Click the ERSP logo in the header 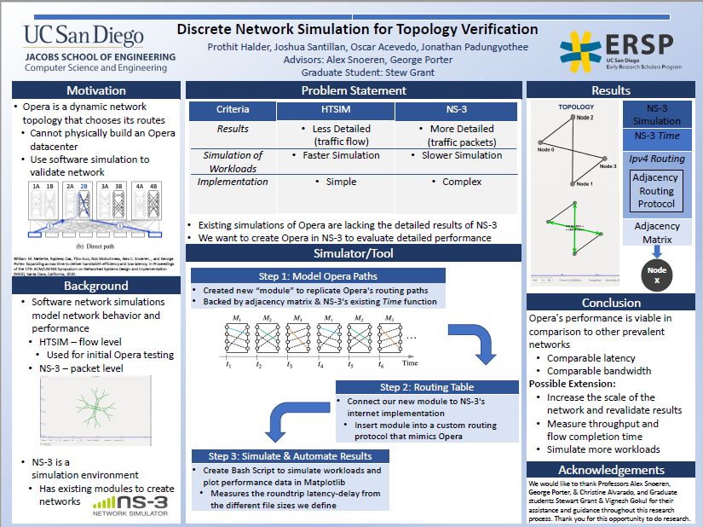(x=616, y=46)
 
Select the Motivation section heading (x=95, y=90)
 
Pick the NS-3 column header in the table (x=456, y=110)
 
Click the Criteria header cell (x=233, y=110)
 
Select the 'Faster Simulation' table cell (x=341, y=155)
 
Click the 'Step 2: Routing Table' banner (x=426, y=387)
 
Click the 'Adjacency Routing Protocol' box (x=656, y=191)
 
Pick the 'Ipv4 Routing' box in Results (x=656, y=159)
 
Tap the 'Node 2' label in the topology (x=585, y=117)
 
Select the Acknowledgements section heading (x=611, y=470)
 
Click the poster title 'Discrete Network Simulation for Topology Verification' (x=357, y=29)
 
